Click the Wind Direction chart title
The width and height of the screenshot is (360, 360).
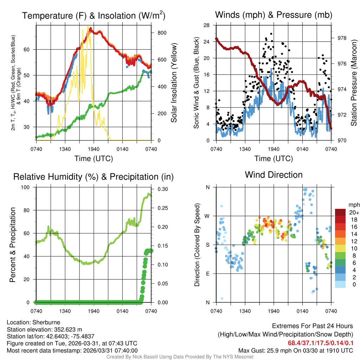pyautogui.click(x=274, y=175)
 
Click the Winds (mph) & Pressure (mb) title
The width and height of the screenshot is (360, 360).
pyautogui.click(x=274, y=15)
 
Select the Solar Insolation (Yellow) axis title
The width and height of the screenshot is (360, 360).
pyautogui.click(x=174, y=83)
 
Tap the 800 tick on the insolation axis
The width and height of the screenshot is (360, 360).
pyautogui.click(x=162, y=33)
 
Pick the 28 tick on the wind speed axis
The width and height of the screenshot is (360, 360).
pyautogui.click(x=207, y=25)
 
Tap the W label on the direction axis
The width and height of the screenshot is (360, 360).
pyautogui.click(x=207, y=216)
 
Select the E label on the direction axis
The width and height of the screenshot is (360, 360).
pyautogui.click(x=207, y=274)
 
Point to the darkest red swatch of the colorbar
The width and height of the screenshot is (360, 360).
pyautogui.click(x=340, y=212)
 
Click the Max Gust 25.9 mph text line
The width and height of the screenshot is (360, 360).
pyautogui.click(x=296, y=350)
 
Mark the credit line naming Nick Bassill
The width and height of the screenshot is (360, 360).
pyautogui.click(x=180, y=357)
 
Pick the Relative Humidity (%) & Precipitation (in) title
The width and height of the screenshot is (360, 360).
pyautogui.click(x=94, y=177)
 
